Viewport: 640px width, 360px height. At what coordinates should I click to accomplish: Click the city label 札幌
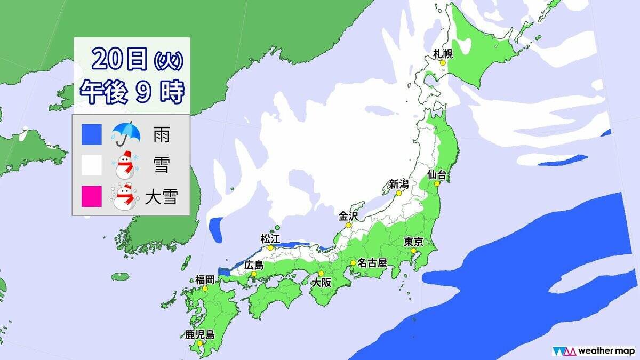tap(443, 53)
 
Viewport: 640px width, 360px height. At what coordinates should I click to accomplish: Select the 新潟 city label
tap(398, 185)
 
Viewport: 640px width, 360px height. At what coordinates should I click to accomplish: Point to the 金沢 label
tap(348, 216)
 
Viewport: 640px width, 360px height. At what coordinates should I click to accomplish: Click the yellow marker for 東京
tap(413, 251)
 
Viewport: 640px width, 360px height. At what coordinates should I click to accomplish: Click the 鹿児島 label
tap(200, 334)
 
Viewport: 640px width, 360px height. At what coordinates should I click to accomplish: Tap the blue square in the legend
tap(91, 134)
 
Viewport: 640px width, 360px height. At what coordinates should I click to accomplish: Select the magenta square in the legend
tap(91, 197)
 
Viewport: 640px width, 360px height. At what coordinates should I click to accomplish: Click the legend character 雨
tap(162, 135)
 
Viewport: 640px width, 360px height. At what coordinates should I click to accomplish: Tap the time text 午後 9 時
tap(131, 92)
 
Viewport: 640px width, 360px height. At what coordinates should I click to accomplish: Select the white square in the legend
tap(91, 166)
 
